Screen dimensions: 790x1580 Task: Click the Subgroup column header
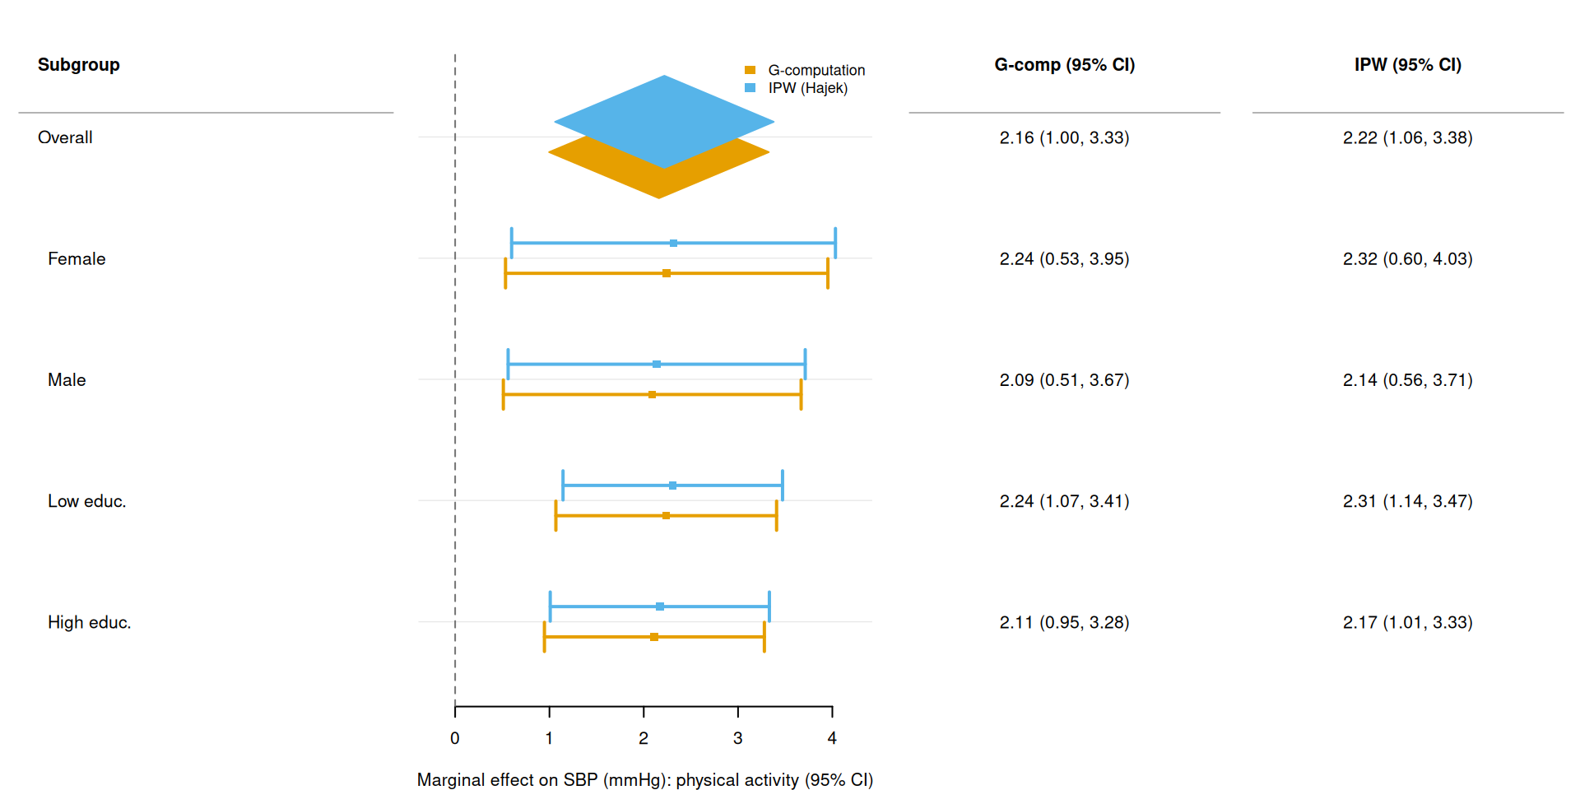79,65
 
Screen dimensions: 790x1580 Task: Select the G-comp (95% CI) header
1064,65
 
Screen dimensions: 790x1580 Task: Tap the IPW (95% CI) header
1407,65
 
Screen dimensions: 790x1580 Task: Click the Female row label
77,259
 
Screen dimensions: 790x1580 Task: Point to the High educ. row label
89,622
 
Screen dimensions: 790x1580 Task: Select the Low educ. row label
86,501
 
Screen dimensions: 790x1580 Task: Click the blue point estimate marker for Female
673,244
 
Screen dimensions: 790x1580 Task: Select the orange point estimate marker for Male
652,395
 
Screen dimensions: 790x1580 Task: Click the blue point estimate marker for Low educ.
672,486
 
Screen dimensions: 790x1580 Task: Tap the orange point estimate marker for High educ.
654,637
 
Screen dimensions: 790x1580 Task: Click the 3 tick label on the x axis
737,738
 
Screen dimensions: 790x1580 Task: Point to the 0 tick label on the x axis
455,738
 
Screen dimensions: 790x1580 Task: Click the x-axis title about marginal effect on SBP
644,780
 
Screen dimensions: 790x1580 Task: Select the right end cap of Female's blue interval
835,244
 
